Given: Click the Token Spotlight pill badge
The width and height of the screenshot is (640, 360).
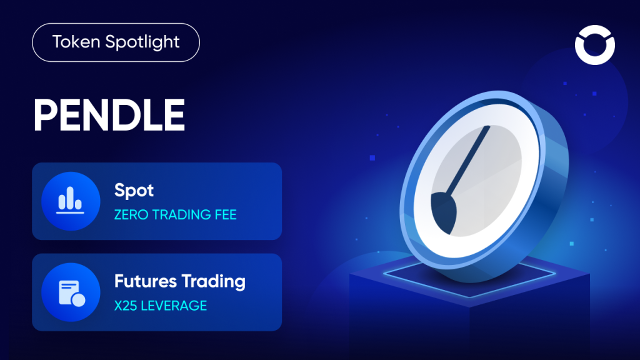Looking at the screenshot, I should point(116,43).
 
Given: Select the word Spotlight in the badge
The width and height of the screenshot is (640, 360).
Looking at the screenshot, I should point(142,43).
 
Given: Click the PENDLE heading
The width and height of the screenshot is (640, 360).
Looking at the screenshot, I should point(109,115).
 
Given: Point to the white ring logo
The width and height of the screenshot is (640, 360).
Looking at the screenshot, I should point(594,44).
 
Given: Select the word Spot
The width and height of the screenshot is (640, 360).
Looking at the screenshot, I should point(134,191).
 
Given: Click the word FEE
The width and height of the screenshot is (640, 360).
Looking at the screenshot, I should point(223,215).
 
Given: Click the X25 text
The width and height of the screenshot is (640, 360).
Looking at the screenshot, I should point(125,306).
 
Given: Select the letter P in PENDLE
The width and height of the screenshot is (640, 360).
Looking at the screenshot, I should point(47,115).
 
